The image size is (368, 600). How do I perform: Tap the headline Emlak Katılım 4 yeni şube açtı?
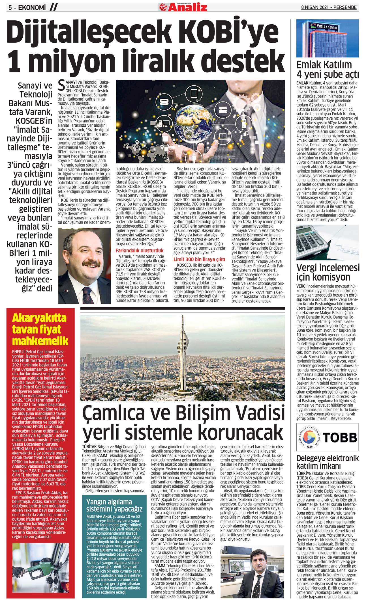[x=328, y=70]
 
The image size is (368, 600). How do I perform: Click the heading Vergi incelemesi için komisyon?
[x=328, y=272]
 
